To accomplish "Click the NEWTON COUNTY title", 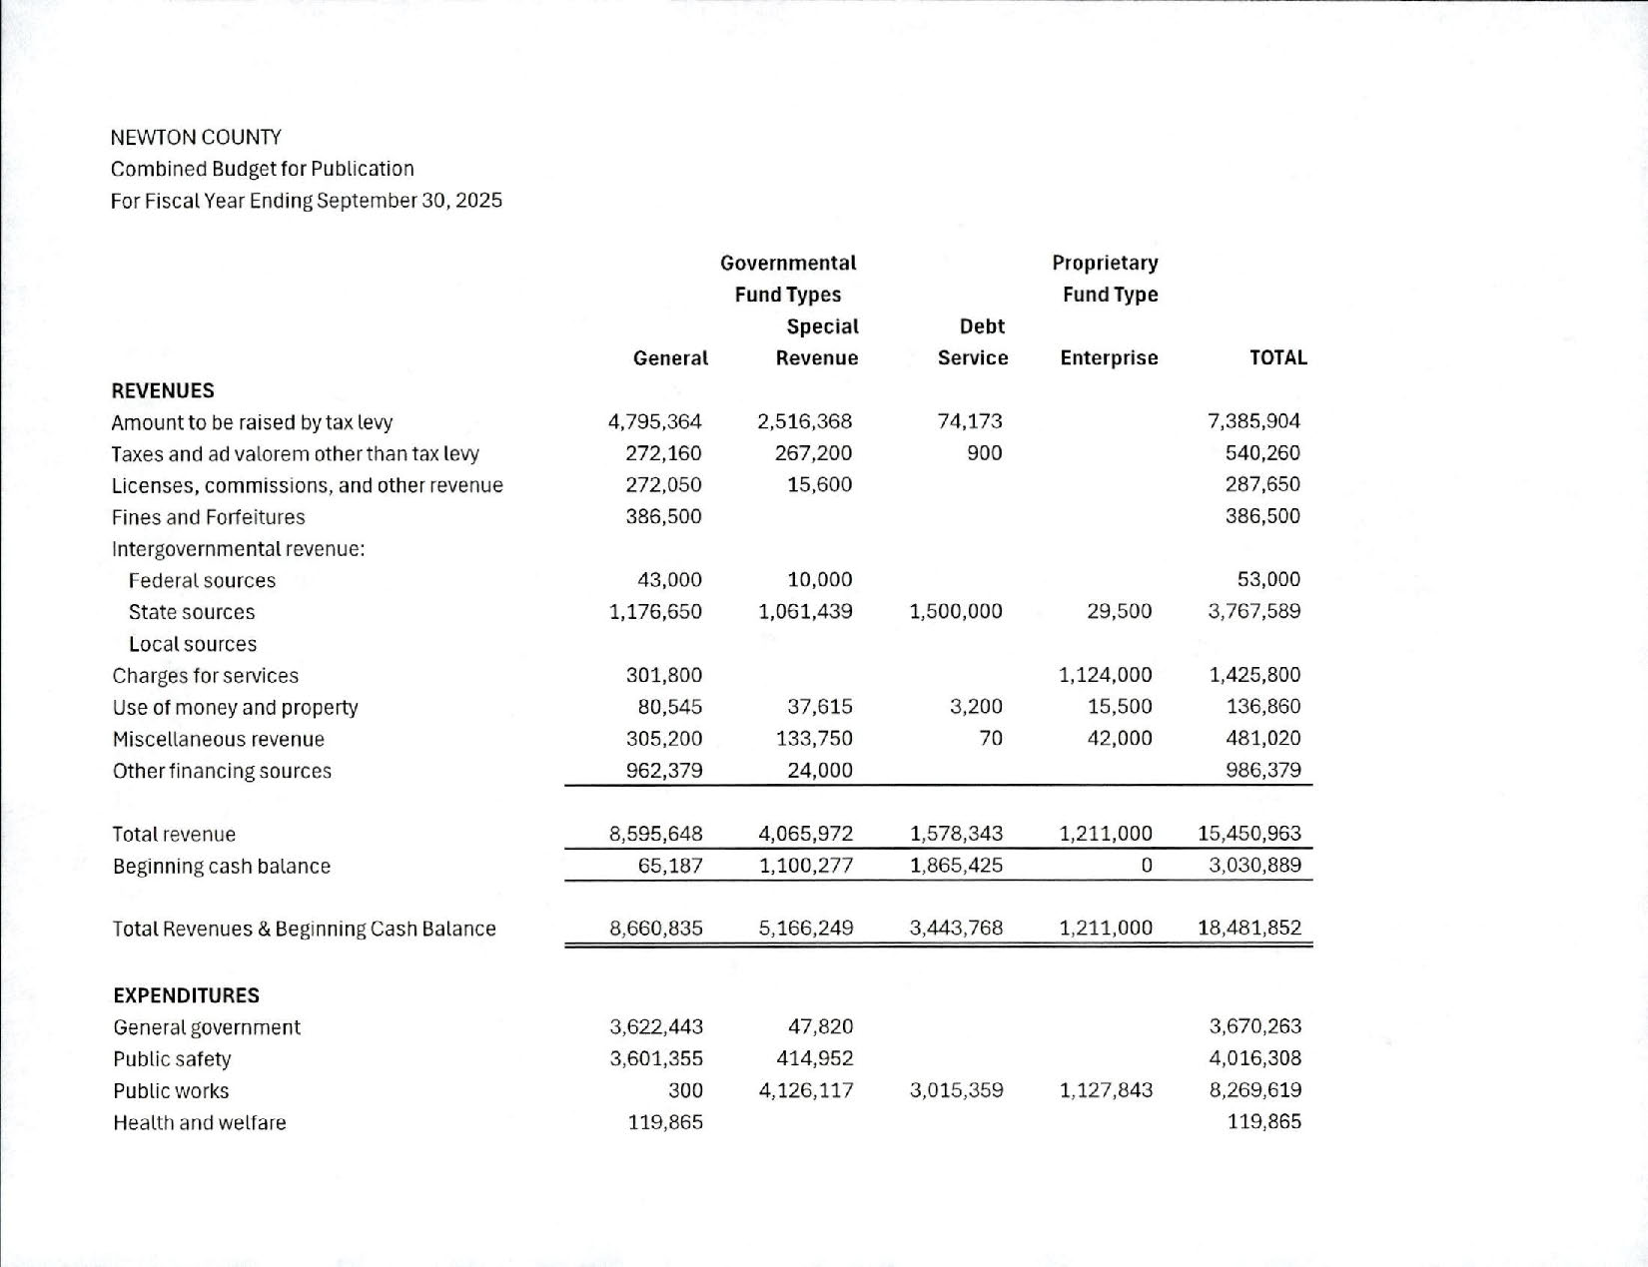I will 196,137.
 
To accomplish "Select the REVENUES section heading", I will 163,390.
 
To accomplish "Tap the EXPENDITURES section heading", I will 186,995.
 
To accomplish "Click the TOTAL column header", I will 1277,357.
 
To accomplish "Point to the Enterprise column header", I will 1109,357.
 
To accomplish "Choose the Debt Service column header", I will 974,342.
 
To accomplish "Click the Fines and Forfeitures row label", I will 208,517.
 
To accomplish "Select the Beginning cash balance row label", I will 221,866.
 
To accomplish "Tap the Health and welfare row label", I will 199,1122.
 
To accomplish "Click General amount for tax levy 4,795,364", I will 655,421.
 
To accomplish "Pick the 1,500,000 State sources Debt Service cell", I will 956,611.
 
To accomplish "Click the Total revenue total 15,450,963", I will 1248,833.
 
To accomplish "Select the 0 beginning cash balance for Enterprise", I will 1146,865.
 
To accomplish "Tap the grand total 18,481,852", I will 1248,928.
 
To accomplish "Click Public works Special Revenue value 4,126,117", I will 806,1090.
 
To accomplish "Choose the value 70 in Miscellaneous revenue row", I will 990,738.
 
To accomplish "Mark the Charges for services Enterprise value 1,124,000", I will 1105,675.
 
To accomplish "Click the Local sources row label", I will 192,644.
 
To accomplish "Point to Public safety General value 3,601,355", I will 656,1058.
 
